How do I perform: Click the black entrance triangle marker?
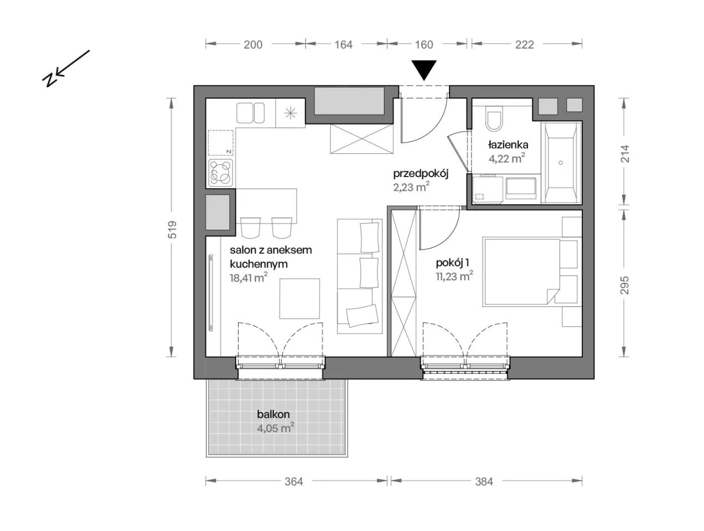pos(424,70)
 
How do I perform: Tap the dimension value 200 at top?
pos(253,45)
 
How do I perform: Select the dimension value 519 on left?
pos(173,229)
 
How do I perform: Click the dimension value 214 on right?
pos(625,154)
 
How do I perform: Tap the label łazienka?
pos(508,145)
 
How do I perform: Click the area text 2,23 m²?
pos(411,187)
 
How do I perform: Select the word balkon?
pos(273,414)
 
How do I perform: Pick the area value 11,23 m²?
pos(454,276)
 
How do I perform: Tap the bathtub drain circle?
pos(561,163)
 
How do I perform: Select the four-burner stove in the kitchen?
pos(220,173)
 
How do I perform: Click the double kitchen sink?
pos(251,113)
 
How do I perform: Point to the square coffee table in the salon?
pos(299,298)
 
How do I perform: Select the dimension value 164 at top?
pos(344,45)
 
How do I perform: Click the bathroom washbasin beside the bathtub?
pos(521,187)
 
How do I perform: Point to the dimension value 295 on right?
pos(625,285)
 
